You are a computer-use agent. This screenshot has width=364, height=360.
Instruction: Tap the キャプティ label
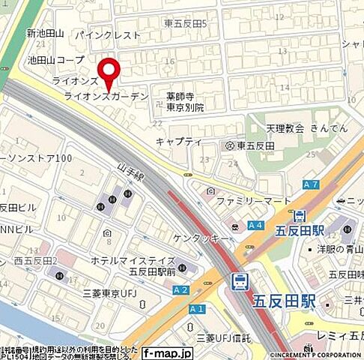[179, 141]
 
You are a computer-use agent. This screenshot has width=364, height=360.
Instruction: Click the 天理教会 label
[285, 128]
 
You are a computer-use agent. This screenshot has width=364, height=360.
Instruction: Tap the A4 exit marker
[255, 224]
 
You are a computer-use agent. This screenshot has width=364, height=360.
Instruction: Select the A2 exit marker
[181, 289]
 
